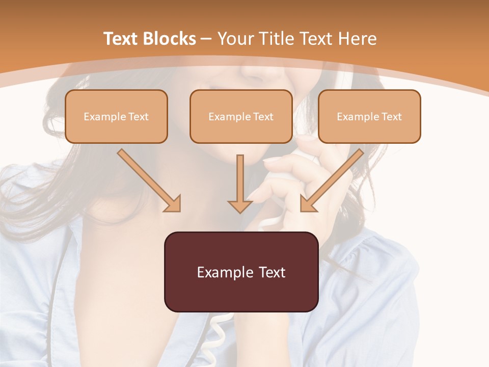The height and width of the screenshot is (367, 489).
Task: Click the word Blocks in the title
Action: pos(171,39)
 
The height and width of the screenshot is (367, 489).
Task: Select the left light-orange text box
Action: pos(116,116)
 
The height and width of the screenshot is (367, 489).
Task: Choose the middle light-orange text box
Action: pos(241,116)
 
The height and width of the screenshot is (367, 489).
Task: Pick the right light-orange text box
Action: pos(369,116)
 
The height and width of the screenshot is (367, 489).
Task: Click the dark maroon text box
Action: pos(241,272)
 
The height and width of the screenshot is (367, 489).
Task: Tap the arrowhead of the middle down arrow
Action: pos(240,206)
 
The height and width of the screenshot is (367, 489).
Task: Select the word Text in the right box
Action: pos(391,117)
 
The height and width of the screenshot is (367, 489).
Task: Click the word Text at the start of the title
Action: pos(121,39)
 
